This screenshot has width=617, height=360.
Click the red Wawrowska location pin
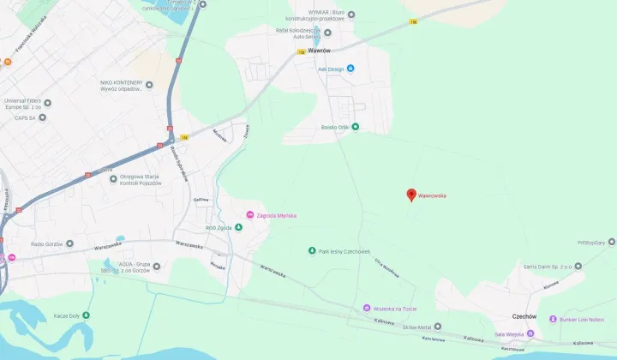point(411,195)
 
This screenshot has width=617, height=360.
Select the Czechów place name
point(524,316)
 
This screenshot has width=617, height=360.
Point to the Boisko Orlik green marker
point(356,128)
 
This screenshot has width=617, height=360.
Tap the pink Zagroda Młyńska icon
point(249,214)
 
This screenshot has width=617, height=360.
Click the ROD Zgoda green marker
point(239,227)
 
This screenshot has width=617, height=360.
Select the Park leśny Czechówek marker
point(312,251)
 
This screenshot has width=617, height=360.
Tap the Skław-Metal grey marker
point(438,327)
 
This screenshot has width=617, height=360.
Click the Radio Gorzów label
point(50,244)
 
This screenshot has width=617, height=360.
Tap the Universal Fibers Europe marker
point(47,103)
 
